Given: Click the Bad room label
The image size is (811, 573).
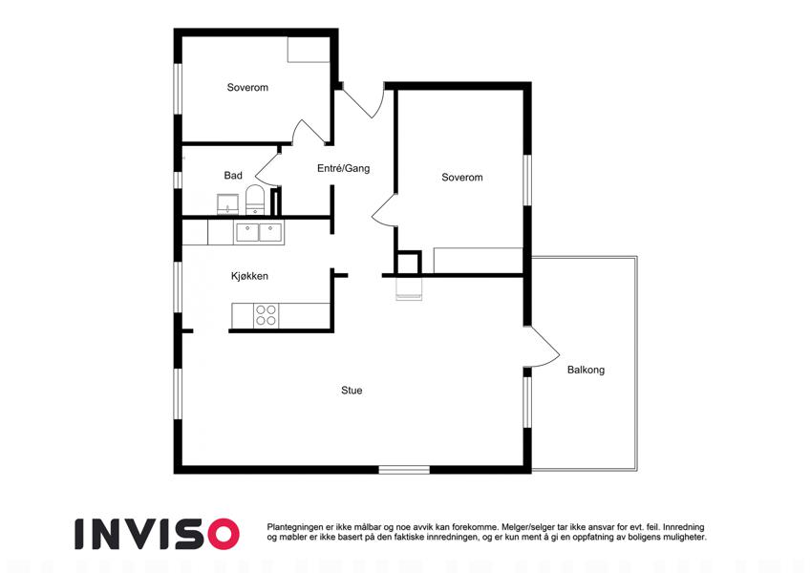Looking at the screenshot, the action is tap(233, 176).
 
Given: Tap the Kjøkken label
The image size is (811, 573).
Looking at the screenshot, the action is tap(249, 276).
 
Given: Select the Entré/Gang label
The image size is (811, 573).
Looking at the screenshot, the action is tap(344, 168).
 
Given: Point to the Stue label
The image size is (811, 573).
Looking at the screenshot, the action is tap(352, 391).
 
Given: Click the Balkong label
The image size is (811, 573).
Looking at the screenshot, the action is tap(586, 370).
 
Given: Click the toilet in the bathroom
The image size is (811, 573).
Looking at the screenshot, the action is tap(254, 201).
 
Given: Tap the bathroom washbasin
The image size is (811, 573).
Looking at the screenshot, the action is tap(227, 204).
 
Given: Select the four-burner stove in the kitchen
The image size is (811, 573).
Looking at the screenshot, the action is tap(267, 315).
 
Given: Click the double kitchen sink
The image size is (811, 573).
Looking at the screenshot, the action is tap(259, 232).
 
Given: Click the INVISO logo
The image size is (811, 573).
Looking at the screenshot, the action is tap(158, 534).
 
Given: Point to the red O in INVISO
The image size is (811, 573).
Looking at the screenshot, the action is tap(224, 534).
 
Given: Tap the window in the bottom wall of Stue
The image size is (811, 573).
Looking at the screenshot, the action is tap(404, 470).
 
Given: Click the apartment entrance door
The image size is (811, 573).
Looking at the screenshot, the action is tap(362, 102).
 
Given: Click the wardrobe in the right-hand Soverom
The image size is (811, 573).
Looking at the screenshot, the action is tap(478, 260).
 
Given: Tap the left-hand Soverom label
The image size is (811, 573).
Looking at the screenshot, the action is tap(247, 88).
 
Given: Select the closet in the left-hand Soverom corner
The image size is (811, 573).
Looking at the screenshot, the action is tap(309, 50).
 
